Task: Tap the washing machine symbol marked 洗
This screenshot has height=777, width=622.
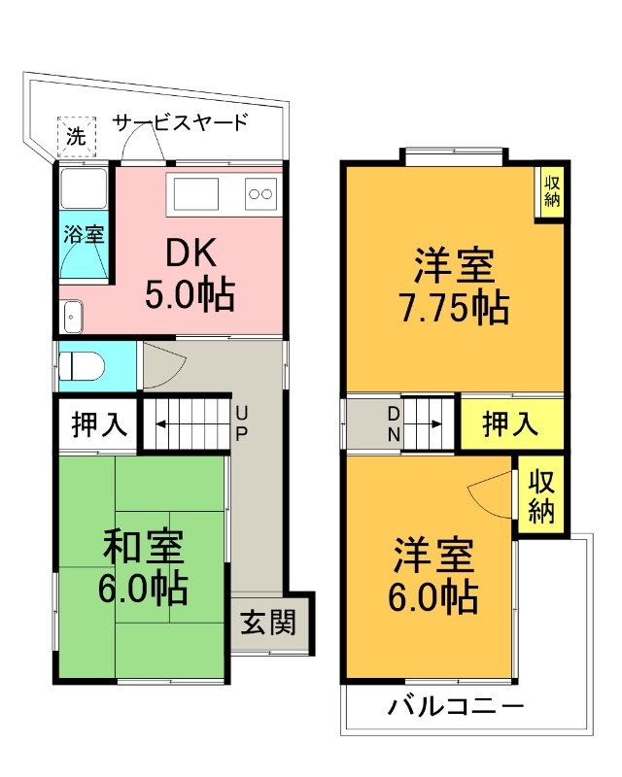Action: coord(75,136)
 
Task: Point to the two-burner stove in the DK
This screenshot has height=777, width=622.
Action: coord(260,193)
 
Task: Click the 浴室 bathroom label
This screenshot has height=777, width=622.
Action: coord(83,234)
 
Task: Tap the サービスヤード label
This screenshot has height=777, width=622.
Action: coord(181,123)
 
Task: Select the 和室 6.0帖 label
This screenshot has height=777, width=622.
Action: coord(144,567)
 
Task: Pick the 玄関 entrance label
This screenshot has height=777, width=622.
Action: coord(268,622)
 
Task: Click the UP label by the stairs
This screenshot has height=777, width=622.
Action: coord(240,423)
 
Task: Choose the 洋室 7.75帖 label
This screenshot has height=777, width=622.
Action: coord(453,286)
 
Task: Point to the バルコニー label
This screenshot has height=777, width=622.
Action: coord(456,706)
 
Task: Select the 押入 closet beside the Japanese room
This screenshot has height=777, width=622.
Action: coord(98,425)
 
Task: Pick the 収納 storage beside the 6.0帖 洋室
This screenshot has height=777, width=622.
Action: coord(541,496)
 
